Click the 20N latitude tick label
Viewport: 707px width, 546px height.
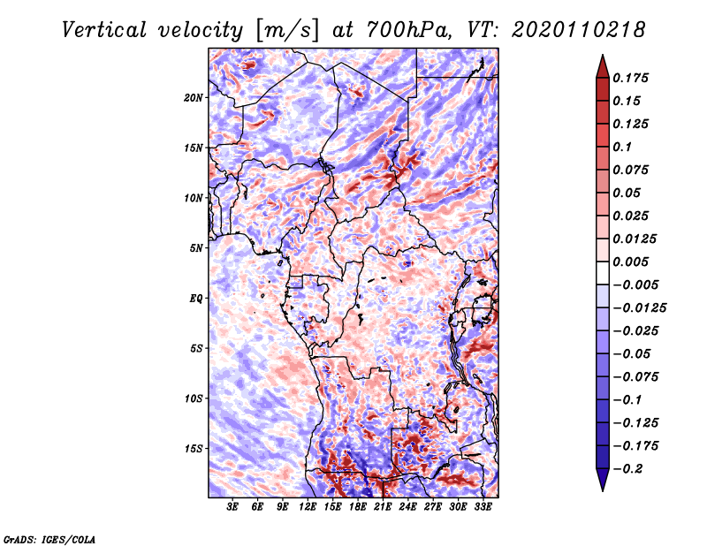click(x=194, y=97)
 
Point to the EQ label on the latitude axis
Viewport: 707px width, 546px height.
click(x=196, y=299)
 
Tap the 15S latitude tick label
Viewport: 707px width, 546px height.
click(x=194, y=449)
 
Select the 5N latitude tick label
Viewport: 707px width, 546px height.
click(x=196, y=248)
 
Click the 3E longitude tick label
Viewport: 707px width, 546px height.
click(x=232, y=507)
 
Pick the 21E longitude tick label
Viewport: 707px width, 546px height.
click(x=383, y=507)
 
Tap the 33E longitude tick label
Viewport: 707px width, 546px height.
click(x=483, y=507)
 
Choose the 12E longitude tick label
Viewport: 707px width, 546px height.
click(x=308, y=507)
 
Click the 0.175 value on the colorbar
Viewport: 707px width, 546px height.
click(x=630, y=78)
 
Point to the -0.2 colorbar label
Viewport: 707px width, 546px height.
click(x=627, y=469)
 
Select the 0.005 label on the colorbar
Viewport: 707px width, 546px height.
click(x=630, y=262)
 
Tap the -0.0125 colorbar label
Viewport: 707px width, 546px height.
click(x=639, y=308)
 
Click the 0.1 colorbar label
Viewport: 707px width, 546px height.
click(x=622, y=147)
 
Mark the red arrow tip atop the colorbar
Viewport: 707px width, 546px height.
click(x=603, y=56)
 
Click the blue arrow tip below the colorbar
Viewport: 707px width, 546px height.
click(x=603, y=489)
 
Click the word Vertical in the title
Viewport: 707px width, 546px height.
click(x=104, y=30)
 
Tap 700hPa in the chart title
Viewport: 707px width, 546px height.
click(x=408, y=30)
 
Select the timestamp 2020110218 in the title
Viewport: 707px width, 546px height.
click(x=578, y=30)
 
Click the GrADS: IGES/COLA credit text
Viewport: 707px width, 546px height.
click(x=49, y=539)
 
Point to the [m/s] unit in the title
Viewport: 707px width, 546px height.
click(x=287, y=31)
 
